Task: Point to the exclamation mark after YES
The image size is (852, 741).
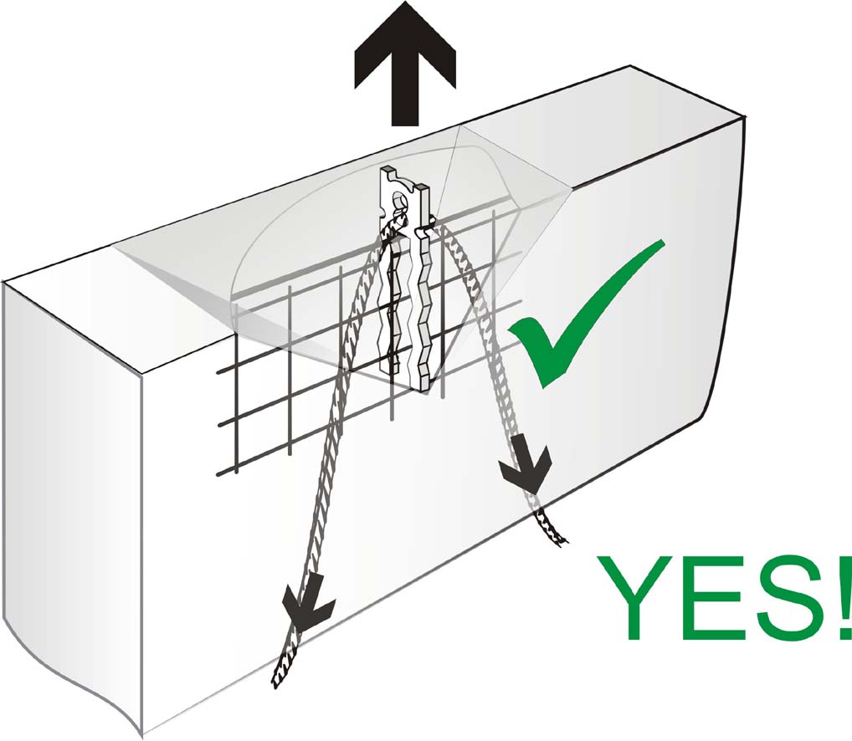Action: (x=844, y=597)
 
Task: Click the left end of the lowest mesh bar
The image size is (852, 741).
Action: (x=218, y=474)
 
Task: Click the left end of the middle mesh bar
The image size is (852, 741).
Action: (x=219, y=424)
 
